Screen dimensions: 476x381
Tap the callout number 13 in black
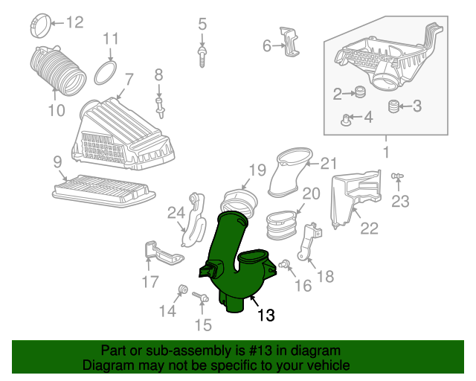click(x=266, y=315)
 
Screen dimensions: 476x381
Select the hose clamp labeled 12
click(x=41, y=26)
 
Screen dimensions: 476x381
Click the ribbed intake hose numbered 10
click(x=58, y=69)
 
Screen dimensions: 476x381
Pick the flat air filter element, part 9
click(x=104, y=190)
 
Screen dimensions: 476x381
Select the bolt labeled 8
click(x=161, y=108)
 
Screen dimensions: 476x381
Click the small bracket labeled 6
click(x=289, y=42)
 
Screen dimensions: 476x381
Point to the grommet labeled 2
click(x=360, y=92)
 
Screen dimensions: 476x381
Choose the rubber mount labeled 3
click(x=393, y=106)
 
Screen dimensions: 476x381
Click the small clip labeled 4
click(x=346, y=120)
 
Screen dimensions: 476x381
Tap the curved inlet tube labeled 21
click(x=289, y=172)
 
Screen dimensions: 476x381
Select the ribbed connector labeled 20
click(x=281, y=225)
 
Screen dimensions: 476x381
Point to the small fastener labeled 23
click(x=397, y=176)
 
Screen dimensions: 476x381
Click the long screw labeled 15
click(x=200, y=297)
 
